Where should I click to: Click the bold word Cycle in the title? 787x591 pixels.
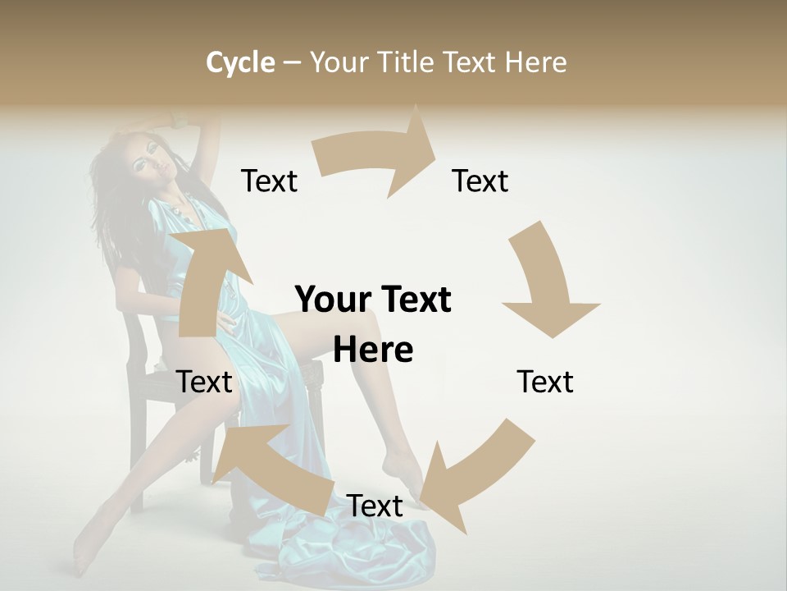click(240, 62)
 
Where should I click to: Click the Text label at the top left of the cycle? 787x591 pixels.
click(269, 181)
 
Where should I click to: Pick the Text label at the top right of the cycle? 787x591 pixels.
click(480, 181)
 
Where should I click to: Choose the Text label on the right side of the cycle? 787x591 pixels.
click(545, 382)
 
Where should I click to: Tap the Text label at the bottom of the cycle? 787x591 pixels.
click(375, 506)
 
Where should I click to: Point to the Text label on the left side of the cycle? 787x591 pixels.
click(204, 382)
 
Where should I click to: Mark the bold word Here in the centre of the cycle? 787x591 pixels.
click(373, 350)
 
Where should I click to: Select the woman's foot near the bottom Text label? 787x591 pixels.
click(406, 472)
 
